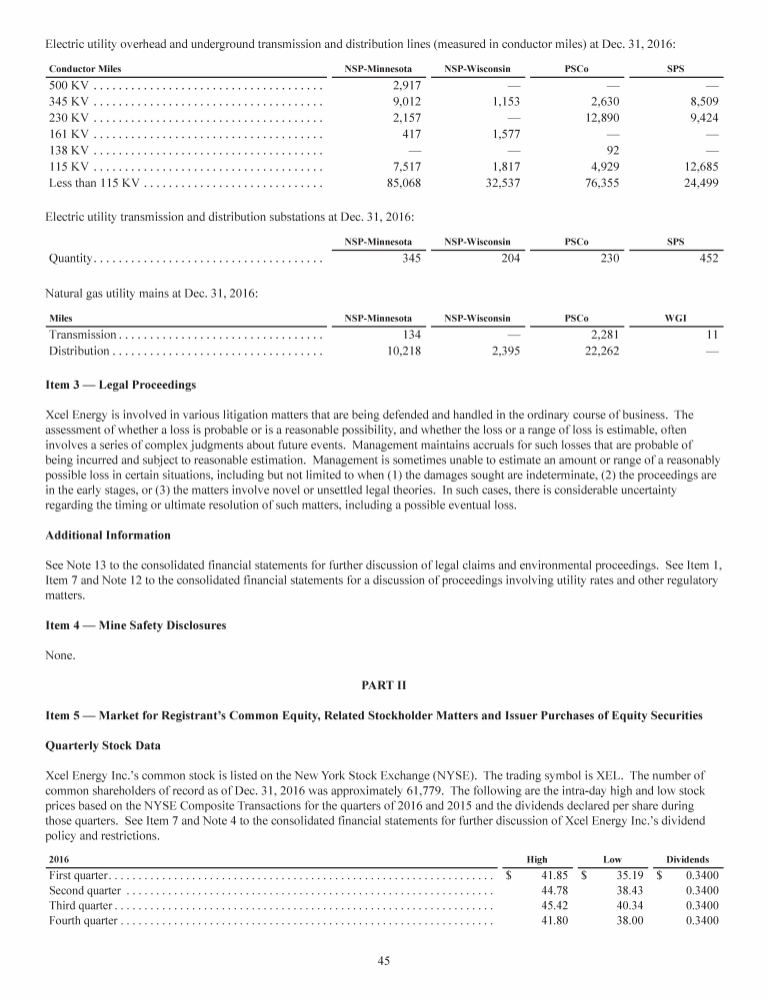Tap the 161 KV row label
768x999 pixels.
[69, 134]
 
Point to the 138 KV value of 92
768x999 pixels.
[610, 150]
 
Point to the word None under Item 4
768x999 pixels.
[62, 656]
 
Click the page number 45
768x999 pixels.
[384, 961]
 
